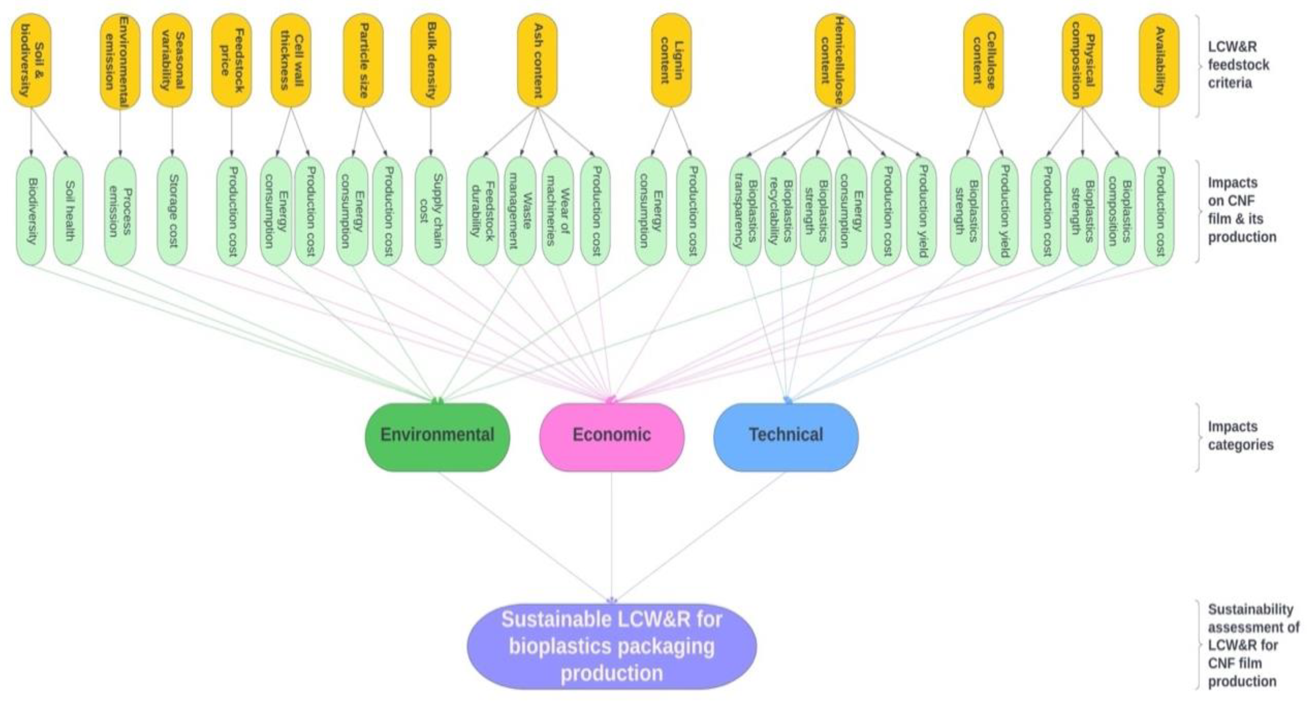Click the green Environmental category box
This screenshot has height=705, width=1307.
point(437,437)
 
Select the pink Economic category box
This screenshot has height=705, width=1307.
point(611,437)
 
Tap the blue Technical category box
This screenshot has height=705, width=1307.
point(786,437)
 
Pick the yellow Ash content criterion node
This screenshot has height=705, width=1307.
point(537,60)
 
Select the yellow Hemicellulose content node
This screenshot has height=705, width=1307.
point(835,60)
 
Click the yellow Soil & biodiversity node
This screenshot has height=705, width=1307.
point(31,60)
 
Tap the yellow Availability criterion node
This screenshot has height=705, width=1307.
point(1159,60)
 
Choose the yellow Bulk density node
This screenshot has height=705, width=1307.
point(431,60)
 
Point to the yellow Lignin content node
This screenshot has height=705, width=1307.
point(671,60)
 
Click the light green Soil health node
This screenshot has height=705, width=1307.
point(68,210)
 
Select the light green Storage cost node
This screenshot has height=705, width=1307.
point(172,210)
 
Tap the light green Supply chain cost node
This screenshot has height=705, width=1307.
point(431,210)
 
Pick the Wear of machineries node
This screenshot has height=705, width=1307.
point(558,210)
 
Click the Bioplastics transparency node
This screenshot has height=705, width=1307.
point(745,210)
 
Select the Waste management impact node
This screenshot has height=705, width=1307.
point(520,210)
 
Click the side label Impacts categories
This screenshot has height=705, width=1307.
point(1240,435)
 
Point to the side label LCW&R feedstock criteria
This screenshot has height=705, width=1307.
point(1238,65)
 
